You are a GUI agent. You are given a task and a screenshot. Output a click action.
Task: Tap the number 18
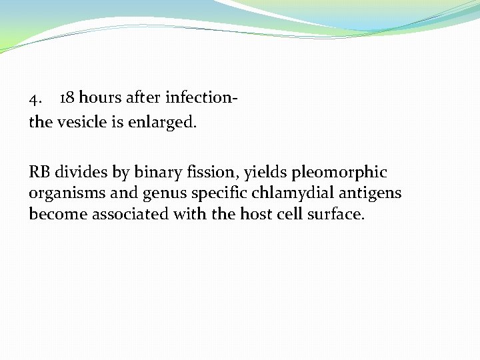(67, 98)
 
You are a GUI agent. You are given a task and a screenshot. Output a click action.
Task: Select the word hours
(101, 98)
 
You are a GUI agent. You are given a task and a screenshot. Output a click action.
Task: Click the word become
(58, 215)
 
